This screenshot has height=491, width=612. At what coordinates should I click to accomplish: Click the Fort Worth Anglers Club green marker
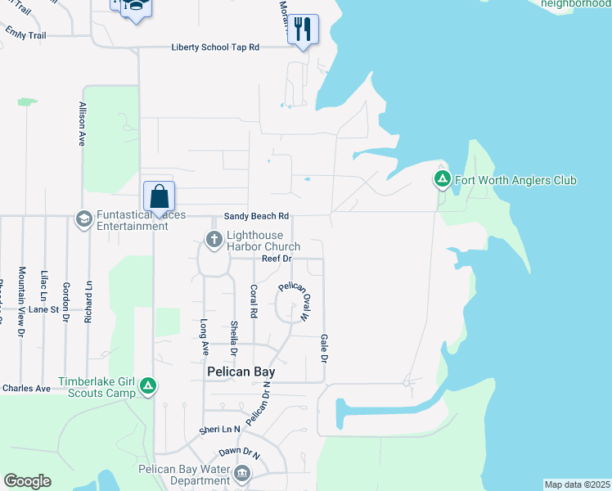(442, 179)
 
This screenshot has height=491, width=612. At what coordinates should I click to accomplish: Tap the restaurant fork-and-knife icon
(304, 29)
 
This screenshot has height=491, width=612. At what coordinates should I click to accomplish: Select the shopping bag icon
(159, 197)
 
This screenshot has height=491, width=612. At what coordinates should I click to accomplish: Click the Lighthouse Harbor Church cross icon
(214, 240)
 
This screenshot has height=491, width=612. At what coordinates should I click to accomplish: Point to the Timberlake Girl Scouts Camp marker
(148, 385)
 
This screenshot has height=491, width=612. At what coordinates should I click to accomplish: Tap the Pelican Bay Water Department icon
(241, 474)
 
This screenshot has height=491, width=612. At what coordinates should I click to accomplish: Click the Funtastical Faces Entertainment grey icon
(83, 218)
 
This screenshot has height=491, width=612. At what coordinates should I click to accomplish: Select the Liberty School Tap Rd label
(215, 47)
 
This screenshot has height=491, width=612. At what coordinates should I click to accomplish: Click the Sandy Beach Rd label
(257, 216)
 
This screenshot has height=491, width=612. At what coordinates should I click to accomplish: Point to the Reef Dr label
(277, 259)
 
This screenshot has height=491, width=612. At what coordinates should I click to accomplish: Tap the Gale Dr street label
(324, 348)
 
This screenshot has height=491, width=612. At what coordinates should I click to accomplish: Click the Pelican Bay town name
(239, 372)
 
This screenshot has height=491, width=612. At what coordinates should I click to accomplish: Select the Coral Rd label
(254, 301)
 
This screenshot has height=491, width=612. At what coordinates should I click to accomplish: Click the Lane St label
(44, 310)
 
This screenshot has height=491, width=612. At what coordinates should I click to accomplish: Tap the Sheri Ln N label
(219, 430)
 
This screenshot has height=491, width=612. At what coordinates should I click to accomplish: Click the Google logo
(27, 480)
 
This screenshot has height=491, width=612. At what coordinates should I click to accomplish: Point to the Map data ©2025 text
(577, 484)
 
